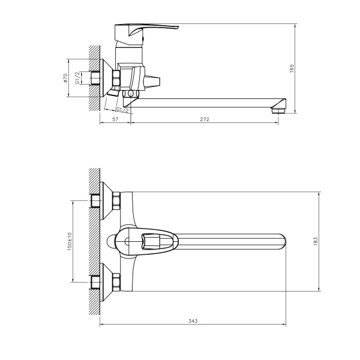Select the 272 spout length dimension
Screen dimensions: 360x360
point(204,120)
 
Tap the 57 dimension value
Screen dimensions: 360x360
point(115,120)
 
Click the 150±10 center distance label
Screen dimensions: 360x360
point(70,241)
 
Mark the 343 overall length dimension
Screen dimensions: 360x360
point(193,322)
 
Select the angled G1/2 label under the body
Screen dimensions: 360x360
point(121,110)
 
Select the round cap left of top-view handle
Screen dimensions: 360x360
point(111,241)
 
